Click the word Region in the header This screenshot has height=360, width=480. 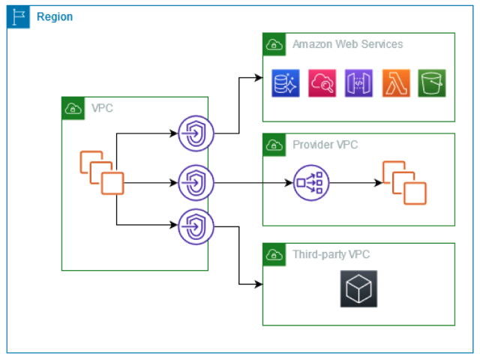[55, 16]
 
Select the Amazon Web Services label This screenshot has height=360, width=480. [347, 44]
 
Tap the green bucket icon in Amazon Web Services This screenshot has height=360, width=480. [432, 83]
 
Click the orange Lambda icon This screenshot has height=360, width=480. [396, 83]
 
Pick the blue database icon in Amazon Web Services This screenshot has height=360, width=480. [286, 83]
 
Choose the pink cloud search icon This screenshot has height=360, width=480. [322, 83]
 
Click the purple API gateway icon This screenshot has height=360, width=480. [358, 83]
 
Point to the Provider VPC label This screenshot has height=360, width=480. [326, 145]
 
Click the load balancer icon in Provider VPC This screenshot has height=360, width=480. [310, 182]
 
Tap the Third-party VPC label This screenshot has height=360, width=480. [331, 254]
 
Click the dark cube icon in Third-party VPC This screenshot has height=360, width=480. [358, 288]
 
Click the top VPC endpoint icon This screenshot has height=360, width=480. [196, 134]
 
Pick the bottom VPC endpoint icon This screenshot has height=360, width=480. [196, 225]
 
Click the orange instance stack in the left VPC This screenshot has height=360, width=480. [102, 173]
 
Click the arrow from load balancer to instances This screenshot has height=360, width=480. [353, 182]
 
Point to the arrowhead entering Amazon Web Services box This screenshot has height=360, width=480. [257, 76]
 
